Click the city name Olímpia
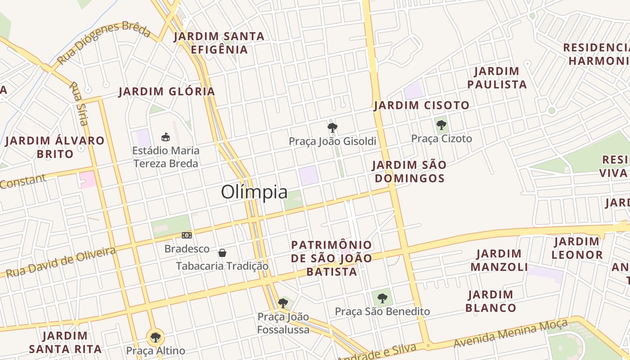(x=254, y=192)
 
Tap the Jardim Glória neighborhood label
(x=166, y=92)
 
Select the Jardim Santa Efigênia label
(x=219, y=43)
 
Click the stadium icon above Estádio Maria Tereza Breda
(x=166, y=137)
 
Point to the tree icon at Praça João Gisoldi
(x=333, y=128)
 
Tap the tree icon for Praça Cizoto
(x=441, y=125)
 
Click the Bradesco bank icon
(x=187, y=235)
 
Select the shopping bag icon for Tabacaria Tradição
(x=222, y=253)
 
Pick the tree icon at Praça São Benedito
(x=382, y=298)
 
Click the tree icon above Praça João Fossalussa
(x=283, y=303)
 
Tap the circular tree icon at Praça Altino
(x=155, y=337)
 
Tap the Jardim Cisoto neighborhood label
(x=422, y=106)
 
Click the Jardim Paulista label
(x=497, y=78)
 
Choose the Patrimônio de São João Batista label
(x=332, y=258)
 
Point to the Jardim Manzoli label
(x=499, y=260)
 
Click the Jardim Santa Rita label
(x=65, y=342)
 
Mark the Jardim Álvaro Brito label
(x=55, y=147)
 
